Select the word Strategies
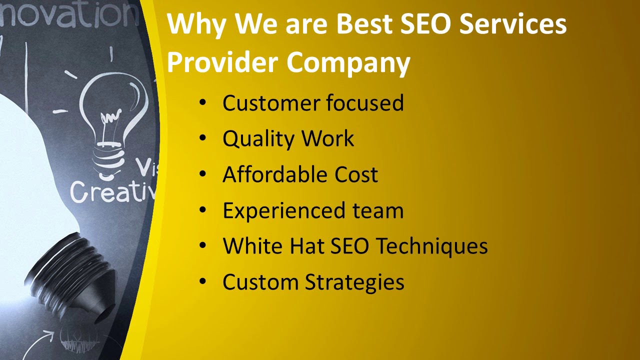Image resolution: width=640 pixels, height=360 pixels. pos(354,282)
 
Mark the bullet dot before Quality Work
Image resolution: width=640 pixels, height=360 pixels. pos(202,138)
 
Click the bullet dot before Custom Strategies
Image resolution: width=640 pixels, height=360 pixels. pos(202,281)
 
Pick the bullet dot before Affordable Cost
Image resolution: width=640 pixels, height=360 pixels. pos(202,174)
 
